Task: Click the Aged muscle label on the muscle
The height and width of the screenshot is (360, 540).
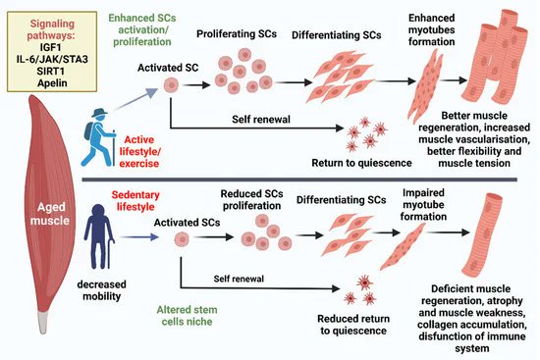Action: [39, 216]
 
